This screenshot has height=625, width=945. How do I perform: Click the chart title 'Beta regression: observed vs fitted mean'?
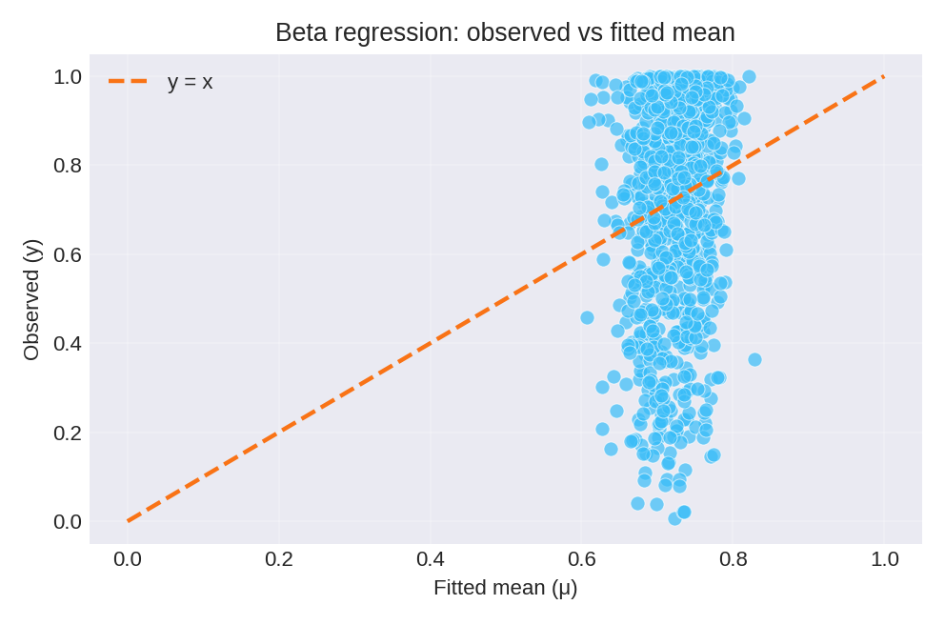505,32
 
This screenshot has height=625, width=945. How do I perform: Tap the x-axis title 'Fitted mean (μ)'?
505,588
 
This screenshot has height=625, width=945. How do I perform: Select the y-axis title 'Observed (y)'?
31,299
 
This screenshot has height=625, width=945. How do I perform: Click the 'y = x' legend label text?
190,82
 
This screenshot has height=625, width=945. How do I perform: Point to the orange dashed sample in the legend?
128,82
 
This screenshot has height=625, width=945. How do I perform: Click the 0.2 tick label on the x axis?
279,559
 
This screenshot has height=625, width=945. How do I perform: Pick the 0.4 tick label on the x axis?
431,559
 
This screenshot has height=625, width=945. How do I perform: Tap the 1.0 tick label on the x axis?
884,559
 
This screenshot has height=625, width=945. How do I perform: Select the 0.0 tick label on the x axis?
128,559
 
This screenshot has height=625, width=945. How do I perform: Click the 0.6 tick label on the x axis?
582,559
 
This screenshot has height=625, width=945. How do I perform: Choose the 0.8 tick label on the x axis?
734,559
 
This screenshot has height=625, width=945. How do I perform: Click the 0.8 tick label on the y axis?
68,165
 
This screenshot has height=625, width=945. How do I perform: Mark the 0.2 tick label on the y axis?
68,433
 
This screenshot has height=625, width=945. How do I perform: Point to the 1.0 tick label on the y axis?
68,76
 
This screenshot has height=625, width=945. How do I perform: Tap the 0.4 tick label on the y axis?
68,343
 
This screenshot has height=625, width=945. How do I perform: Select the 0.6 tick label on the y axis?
68,254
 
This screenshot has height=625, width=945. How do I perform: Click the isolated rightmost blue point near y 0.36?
754,359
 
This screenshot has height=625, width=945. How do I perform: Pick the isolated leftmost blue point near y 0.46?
587,317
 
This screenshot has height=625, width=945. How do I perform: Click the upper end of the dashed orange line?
884,76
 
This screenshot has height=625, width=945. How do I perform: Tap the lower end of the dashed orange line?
129,521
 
